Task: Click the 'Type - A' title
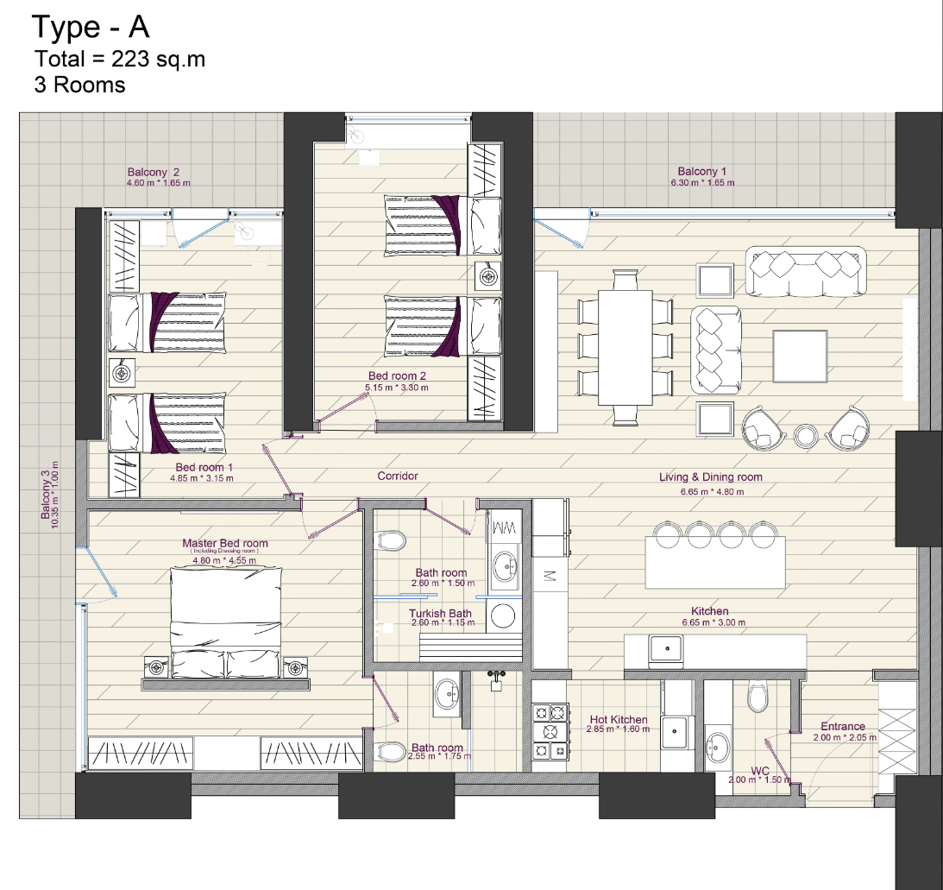[x=91, y=27]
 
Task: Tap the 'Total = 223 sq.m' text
[x=120, y=59]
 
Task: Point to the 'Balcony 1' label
[x=701, y=172]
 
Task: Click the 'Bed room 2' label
[x=397, y=376]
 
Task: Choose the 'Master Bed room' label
[x=225, y=543]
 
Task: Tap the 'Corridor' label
[x=398, y=476]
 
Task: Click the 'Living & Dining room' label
[x=711, y=477]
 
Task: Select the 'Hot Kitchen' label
[x=619, y=719]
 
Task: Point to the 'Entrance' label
[x=843, y=726]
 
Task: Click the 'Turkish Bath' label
[x=440, y=613]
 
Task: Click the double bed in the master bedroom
[x=225, y=622]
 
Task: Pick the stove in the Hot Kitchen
[x=550, y=732]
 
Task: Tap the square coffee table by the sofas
[x=800, y=357]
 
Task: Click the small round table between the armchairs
[x=805, y=436]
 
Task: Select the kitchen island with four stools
[x=715, y=562]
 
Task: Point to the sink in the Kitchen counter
[x=666, y=649]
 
